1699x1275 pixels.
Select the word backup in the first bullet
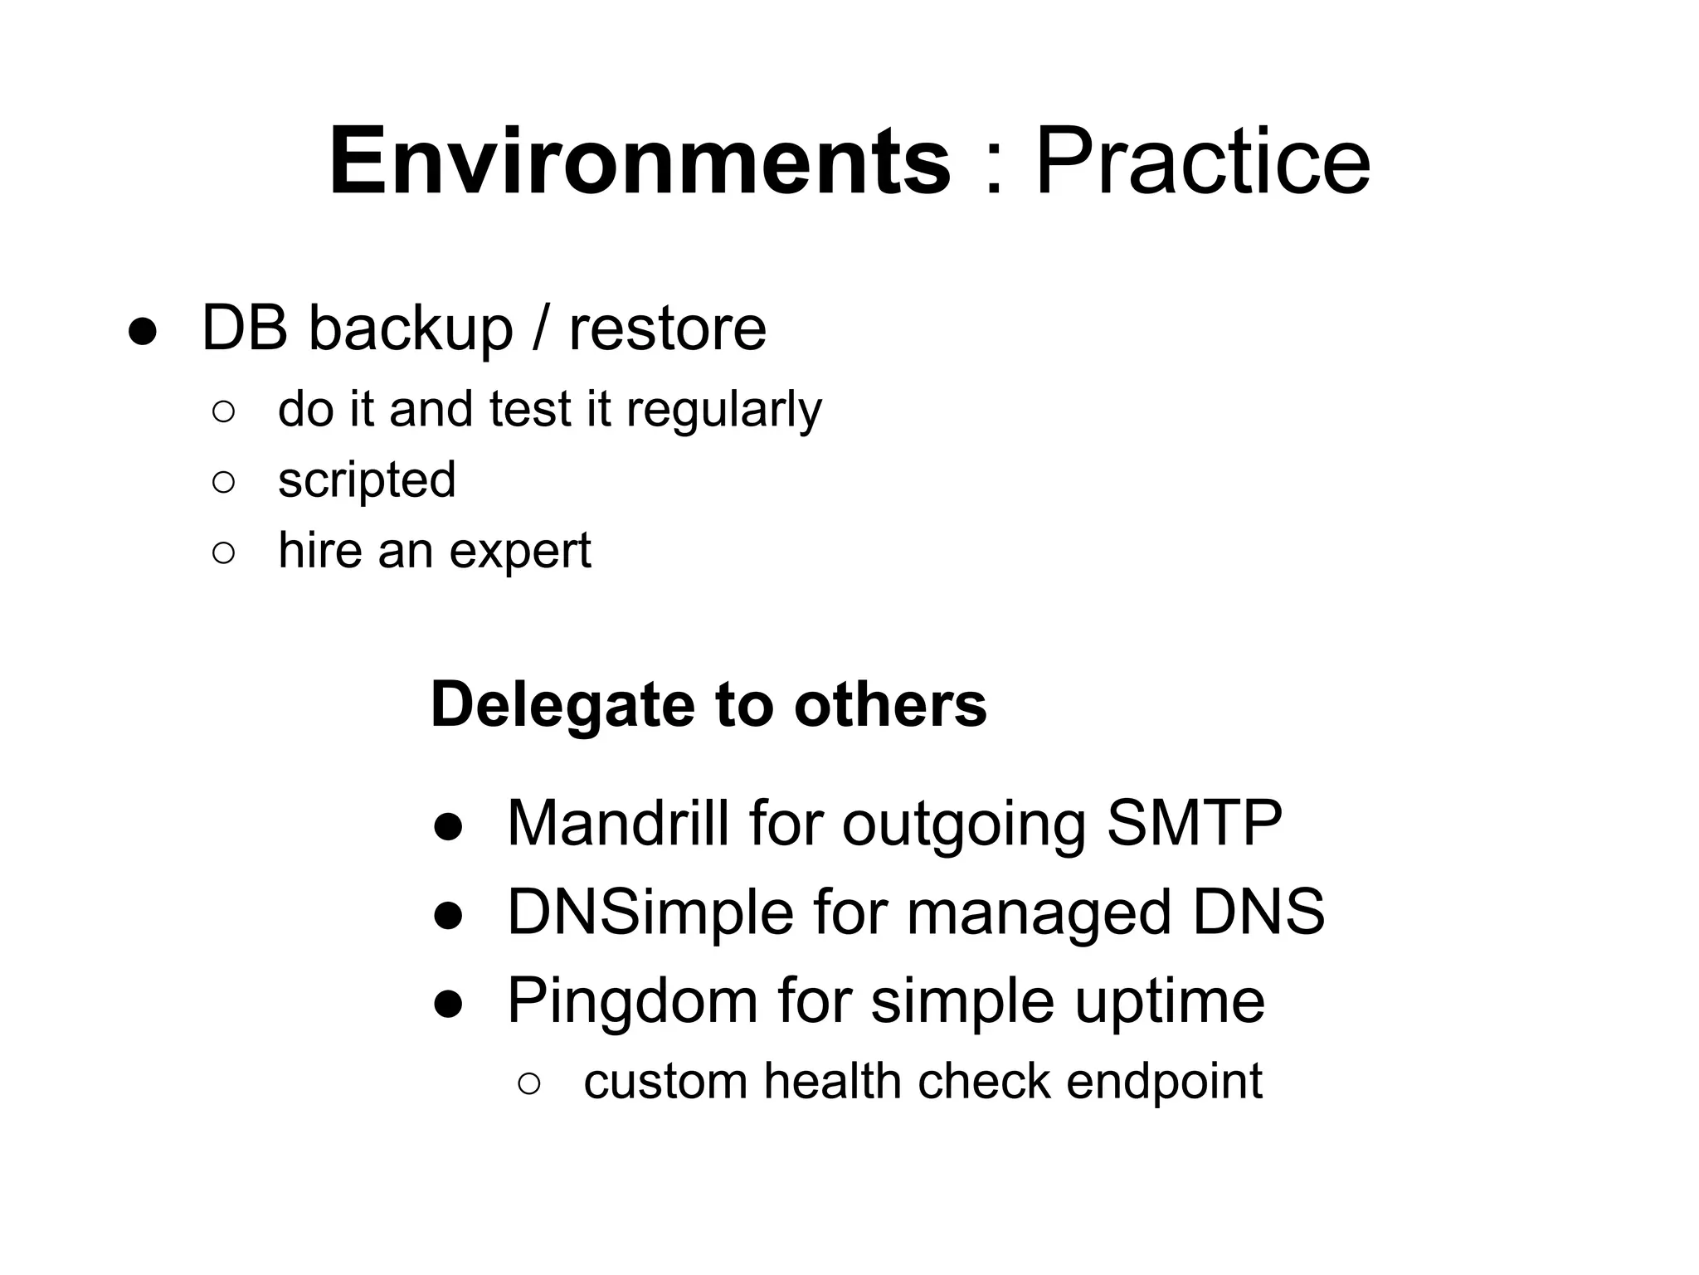[x=411, y=329]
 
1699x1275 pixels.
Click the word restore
[x=668, y=329]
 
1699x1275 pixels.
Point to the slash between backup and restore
[x=541, y=329]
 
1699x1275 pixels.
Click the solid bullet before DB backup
[x=142, y=332]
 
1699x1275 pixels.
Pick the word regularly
[x=723, y=410]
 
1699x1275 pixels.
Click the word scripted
[x=367, y=480]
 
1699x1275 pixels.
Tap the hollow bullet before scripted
[x=223, y=482]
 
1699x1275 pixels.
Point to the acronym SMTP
[x=1195, y=823]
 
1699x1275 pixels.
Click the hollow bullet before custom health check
[x=529, y=1083]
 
